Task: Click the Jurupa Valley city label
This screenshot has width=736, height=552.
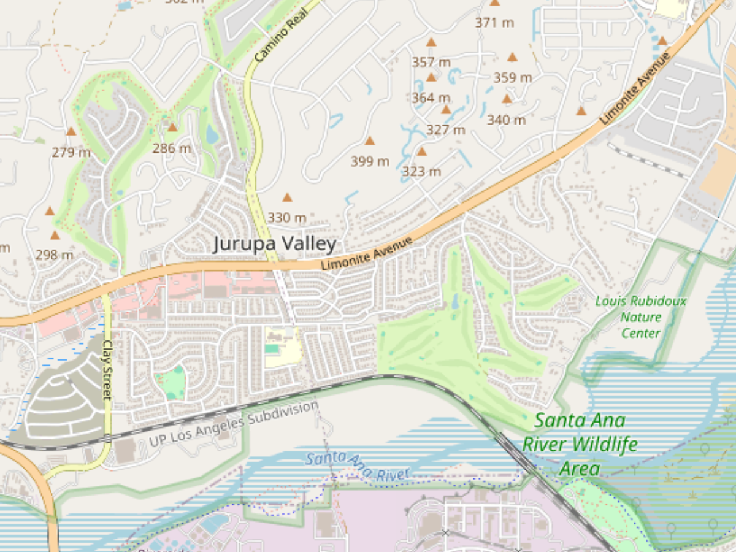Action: coord(274,244)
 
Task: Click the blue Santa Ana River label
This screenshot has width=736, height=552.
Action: coord(357,466)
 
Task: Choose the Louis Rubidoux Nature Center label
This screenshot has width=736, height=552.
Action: coord(641,317)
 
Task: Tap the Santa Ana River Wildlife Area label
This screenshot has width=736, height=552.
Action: coord(580,445)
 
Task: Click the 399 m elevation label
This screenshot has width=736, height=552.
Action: coord(370,161)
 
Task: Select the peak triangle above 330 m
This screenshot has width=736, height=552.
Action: coord(287,197)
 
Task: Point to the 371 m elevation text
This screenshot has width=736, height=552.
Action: coord(494,23)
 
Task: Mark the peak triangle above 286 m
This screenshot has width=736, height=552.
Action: coord(172,128)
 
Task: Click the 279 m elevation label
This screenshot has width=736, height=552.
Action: coord(71,152)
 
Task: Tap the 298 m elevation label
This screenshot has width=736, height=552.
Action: coord(55,255)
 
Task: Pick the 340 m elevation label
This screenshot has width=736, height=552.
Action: coord(506,120)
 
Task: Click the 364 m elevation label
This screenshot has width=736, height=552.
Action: coord(431,98)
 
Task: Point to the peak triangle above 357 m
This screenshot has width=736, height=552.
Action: coord(431,42)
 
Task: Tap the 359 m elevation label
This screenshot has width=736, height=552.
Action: coord(513,78)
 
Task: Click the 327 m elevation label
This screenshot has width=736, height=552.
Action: coord(446,130)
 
